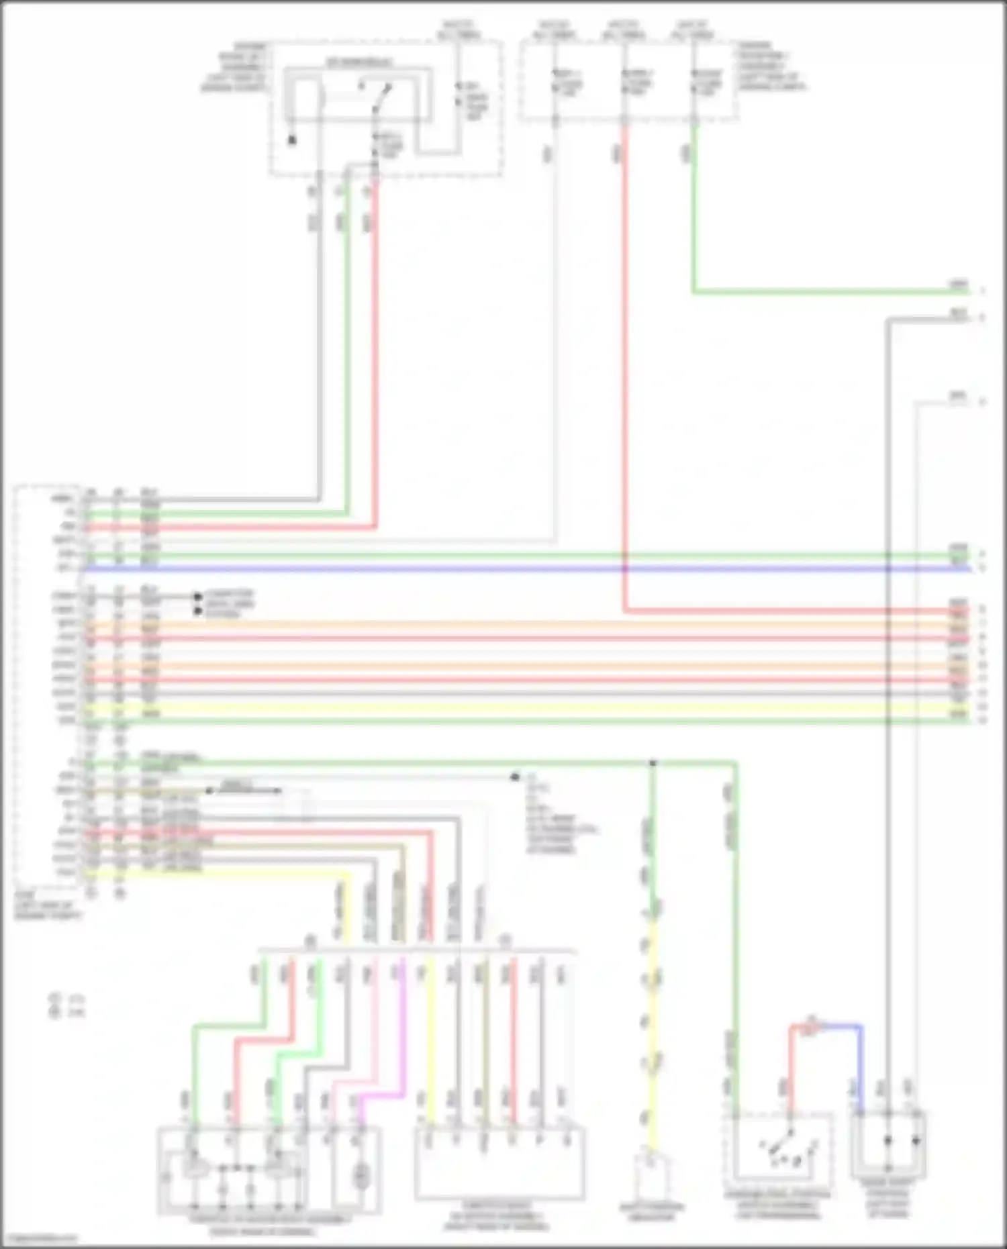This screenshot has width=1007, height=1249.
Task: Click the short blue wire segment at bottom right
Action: (839, 1026)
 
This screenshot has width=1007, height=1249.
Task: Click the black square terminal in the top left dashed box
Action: (292, 140)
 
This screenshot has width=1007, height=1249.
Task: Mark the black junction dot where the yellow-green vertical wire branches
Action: (652, 763)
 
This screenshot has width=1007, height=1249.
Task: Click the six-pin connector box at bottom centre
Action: (499, 1163)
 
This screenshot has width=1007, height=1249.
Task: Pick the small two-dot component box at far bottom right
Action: (888, 1145)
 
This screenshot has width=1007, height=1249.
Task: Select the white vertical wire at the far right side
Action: (918, 738)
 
